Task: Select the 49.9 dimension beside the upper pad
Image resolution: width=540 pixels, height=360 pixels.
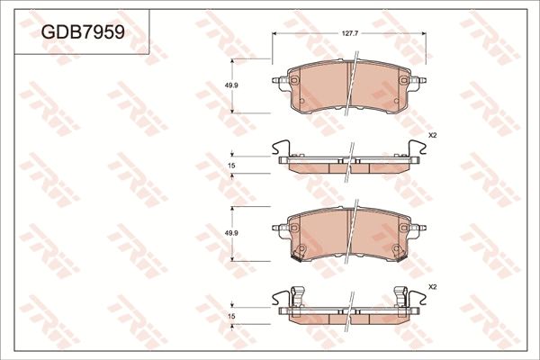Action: point(232,85)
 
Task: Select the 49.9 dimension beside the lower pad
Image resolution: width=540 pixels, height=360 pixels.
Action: point(232,233)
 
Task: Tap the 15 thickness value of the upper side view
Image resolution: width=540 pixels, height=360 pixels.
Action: point(232,166)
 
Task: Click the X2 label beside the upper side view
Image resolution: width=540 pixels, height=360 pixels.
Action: point(432,135)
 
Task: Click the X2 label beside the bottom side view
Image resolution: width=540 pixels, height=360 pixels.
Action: point(432,286)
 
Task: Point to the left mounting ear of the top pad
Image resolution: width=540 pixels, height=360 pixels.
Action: point(280,81)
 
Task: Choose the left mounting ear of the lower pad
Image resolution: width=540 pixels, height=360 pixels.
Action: point(280,229)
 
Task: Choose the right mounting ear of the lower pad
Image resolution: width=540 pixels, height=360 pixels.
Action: point(418,229)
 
